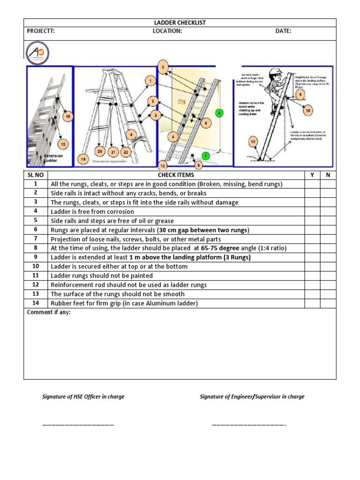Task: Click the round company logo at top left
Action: [x=38, y=52]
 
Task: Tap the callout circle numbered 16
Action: [x=68, y=116]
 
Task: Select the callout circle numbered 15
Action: [x=62, y=144]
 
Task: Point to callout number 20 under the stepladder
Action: [x=99, y=151]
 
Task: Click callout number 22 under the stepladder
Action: [x=126, y=151]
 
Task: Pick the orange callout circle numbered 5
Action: [x=163, y=67]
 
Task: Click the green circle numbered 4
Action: [x=218, y=112]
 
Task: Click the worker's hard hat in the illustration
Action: [x=277, y=71]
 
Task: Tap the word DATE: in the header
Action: [x=283, y=31]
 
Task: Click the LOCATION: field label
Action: [x=167, y=31]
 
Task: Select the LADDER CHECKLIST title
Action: [x=180, y=22]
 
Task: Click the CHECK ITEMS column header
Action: [x=175, y=175]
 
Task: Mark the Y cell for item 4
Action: [x=312, y=211]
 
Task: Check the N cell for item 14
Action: [x=328, y=303]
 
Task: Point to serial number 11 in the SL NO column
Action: [x=35, y=276]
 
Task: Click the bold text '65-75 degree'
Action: [x=220, y=248]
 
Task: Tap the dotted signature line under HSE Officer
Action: [x=78, y=425]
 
